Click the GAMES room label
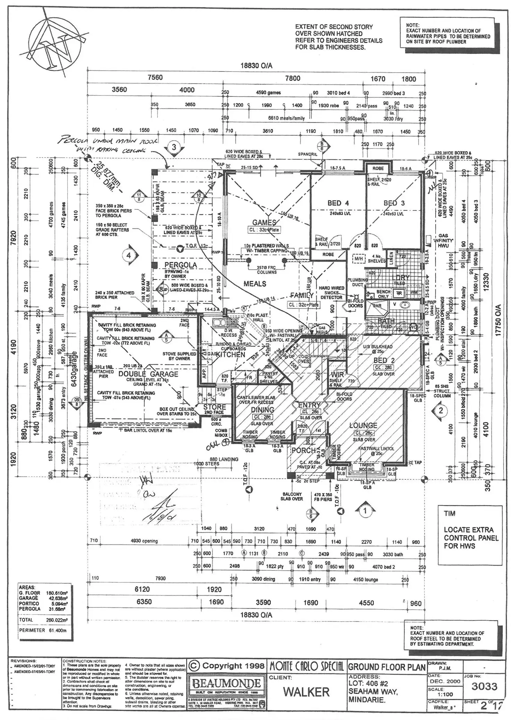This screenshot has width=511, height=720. coord(264,223)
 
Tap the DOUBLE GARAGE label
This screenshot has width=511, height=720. coord(148,374)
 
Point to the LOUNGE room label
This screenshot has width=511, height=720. coord(363,425)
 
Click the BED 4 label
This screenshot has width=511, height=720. coord(338,203)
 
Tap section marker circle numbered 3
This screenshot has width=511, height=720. coord(174,147)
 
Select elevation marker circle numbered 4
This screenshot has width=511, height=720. coord(129,256)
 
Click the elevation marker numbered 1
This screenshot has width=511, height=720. coord(365,511)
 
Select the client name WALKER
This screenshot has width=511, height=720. coord(306,692)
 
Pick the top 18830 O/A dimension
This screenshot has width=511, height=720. coord(256,66)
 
